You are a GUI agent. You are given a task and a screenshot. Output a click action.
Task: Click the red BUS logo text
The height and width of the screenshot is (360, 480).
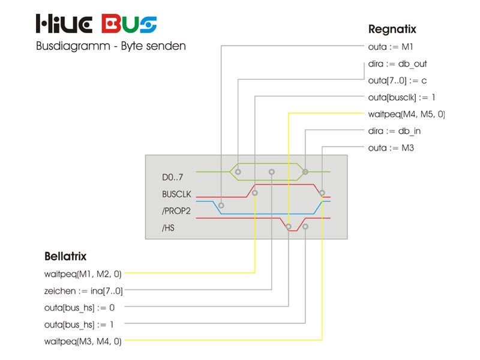click(x=129, y=24)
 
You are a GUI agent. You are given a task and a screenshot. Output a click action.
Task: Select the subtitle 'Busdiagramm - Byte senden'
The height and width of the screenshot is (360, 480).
click(x=111, y=47)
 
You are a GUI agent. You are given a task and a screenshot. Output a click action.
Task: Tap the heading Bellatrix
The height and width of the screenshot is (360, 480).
click(x=65, y=256)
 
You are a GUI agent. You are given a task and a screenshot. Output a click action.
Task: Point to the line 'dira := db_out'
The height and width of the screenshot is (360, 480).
click(x=397, y=64)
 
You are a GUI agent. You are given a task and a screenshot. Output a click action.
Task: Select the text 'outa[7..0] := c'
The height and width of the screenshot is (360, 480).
click(x=397, y=80)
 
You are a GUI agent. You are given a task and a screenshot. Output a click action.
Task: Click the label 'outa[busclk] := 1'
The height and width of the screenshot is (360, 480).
click(x=401, y=97)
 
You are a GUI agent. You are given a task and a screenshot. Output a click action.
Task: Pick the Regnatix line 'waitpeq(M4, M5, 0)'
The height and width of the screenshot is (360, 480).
click(x=406, y=114)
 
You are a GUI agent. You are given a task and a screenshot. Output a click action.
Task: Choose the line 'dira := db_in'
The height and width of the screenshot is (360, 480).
click(x=395, y=131)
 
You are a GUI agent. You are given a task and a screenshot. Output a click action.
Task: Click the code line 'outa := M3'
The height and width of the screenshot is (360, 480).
click(x=391, y=148)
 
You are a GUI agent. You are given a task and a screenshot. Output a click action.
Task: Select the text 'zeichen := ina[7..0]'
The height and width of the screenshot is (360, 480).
click(x=83, y=291)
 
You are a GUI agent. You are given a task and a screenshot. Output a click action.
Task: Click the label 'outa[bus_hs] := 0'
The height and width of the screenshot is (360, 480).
click(x=79, y=308)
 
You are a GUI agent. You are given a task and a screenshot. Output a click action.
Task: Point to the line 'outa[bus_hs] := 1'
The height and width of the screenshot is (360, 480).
click(x=79, y=325)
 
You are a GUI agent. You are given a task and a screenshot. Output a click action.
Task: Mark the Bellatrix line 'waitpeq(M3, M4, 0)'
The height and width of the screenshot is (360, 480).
click(x=83, y=341)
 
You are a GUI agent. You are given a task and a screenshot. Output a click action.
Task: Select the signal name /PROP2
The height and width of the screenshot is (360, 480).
click(x=175, y=211)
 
